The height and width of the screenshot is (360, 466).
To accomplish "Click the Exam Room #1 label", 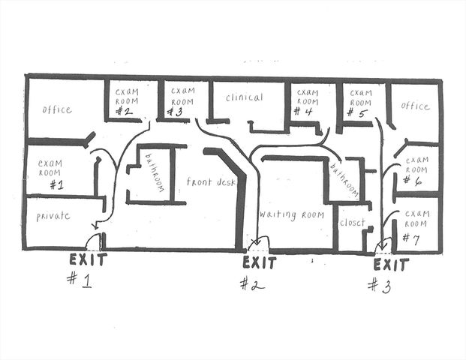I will (51, 172).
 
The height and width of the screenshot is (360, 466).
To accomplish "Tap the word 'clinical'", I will (245, 97).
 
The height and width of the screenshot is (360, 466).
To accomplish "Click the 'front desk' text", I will (212, 182).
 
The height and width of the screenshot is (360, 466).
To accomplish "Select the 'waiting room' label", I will (291, 214).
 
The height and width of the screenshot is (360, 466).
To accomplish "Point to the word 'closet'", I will (352, 223).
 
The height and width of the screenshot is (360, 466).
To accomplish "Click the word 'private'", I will (53, 216).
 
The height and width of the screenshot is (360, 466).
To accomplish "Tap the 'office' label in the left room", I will (57, 109).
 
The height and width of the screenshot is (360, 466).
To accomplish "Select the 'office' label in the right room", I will (414, 106).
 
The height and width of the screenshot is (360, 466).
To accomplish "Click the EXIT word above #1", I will (88, 259).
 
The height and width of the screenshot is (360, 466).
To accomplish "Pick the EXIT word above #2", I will (260, 263).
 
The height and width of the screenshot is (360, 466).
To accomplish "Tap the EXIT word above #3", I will (391, 265).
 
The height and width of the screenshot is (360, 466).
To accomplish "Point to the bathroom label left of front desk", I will (155, 172).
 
